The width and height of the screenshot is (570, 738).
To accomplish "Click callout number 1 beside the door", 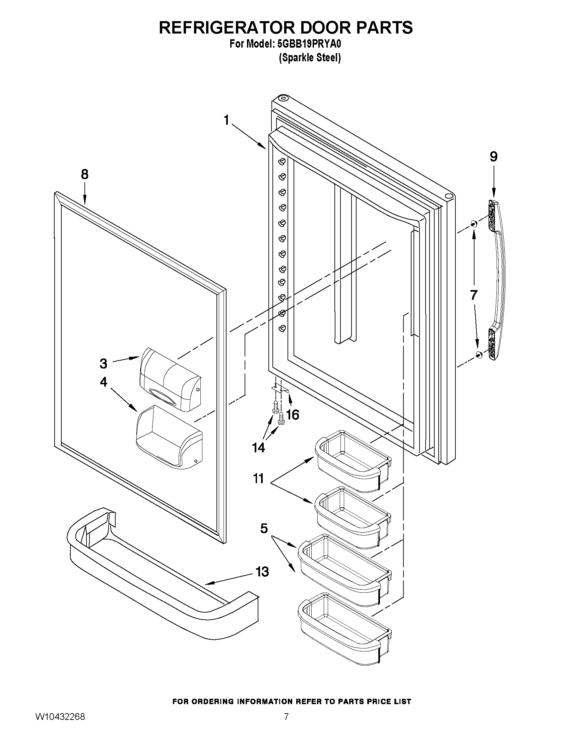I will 227,120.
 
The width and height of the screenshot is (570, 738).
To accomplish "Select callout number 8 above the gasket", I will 84,175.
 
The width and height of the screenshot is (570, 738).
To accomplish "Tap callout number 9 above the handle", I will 493,157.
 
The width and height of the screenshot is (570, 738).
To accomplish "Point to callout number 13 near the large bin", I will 262,572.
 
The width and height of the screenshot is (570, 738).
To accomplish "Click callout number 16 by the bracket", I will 293,415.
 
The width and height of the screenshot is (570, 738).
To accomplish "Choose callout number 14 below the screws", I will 259,448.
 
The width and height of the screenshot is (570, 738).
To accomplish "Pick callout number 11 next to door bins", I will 258,478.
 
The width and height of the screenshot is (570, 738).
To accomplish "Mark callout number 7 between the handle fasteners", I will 473,295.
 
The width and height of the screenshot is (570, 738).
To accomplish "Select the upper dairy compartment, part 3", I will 171,379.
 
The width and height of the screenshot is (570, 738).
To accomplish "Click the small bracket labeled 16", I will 281,389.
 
